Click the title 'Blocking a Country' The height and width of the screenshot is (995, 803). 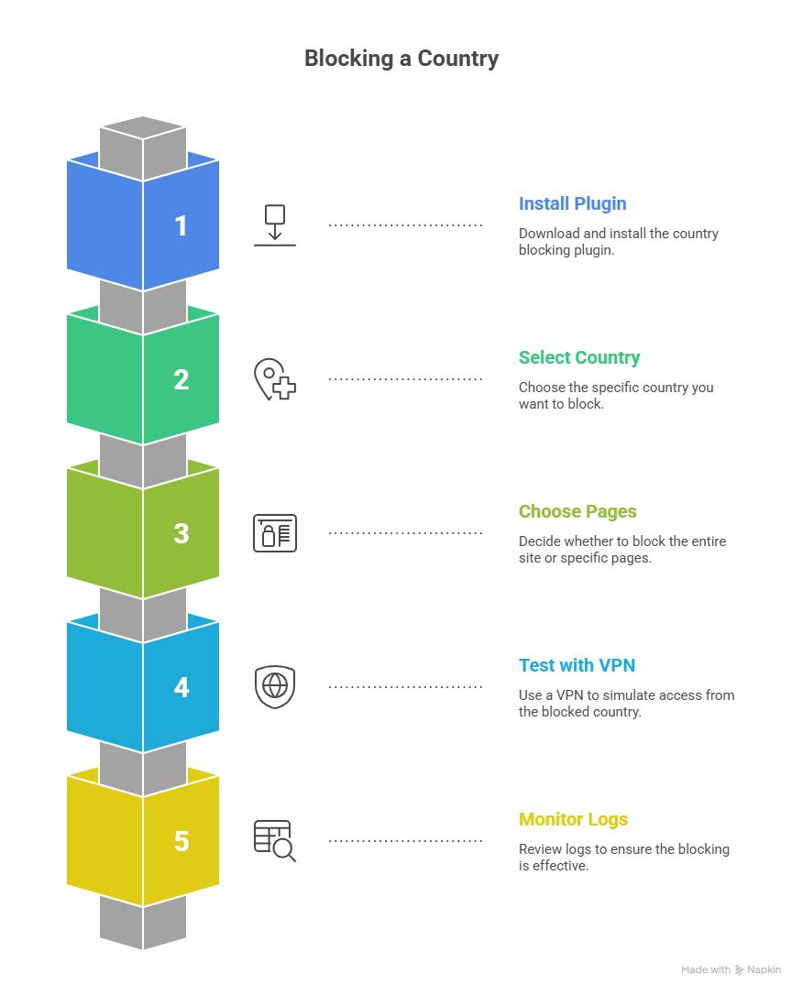401,59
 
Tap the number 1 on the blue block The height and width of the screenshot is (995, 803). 181,226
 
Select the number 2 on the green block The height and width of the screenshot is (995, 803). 181,380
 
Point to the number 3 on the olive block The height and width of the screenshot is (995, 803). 181,534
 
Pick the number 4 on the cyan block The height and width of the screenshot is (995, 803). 181,688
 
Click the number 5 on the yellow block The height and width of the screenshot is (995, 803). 181,842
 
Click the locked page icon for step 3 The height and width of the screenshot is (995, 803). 275,533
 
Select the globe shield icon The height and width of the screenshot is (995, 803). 275,687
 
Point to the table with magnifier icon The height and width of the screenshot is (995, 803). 275,841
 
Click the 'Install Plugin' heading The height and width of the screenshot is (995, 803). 572,203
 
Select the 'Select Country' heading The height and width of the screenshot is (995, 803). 579,357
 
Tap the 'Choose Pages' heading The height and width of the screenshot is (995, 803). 577,511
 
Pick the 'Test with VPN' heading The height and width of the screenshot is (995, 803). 577,665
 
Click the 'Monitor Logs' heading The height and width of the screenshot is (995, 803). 573,819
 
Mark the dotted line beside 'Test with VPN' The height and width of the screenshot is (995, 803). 405,686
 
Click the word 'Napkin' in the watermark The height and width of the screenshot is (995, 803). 764,969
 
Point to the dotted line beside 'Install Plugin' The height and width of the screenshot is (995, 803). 405,224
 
